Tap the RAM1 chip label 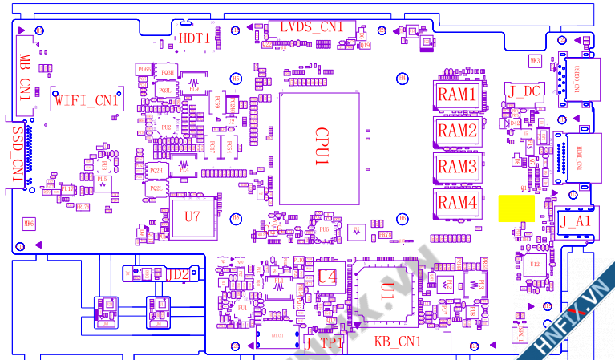point(457,95)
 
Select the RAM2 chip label point(457,131)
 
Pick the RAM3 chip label point(457,167)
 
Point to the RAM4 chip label point(457,203)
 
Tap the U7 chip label point(192,216)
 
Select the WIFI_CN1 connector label point(87,101)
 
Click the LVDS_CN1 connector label point(310,27)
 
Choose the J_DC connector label point(524,91)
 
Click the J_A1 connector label point(575,220)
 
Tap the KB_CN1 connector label point(399,342)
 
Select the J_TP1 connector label point(325,343)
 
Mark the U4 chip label point(326,277)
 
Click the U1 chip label point(387,292)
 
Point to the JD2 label point(177,274)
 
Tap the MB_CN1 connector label point(25,77)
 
